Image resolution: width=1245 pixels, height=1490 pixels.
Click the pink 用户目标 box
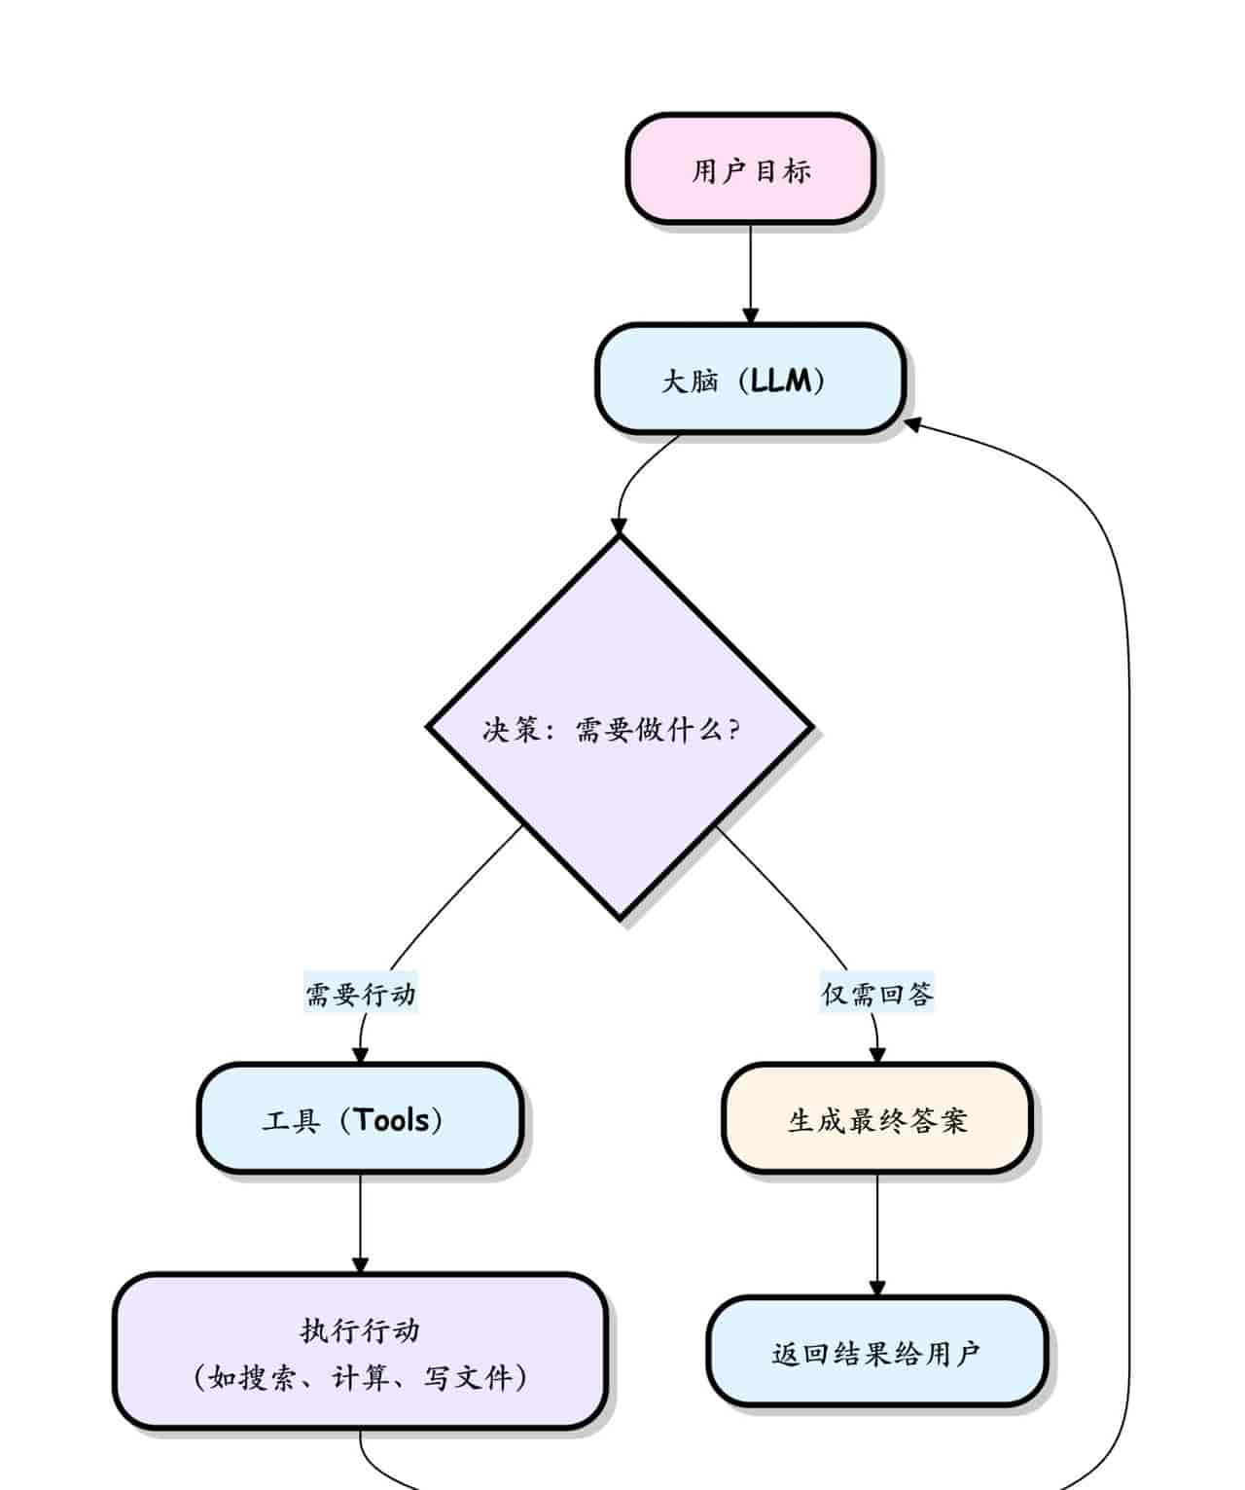(x=750, y=169)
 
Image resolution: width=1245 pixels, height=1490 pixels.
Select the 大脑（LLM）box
(x=750, y=380)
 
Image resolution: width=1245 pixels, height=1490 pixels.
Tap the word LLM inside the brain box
(x=780, y=380)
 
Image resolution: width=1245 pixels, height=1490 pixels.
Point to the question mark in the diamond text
(x=733, y=728)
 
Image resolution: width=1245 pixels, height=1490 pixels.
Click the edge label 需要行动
(x=361, y=994)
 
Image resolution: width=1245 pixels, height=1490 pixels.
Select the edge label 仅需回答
(x=876, y=994)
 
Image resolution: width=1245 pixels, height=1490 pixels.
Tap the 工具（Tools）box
(x=360, y=1119)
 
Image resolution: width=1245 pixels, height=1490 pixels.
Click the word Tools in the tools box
(x=392, y=1119)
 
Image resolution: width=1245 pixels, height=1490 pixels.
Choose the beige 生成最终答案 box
(x=876, y=1119)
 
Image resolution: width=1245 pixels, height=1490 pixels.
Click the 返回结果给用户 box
(x=876, y=1353)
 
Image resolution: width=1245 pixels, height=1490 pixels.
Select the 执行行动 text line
(x=360, y=1329)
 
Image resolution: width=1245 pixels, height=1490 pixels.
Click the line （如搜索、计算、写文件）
(x=360, y=1377)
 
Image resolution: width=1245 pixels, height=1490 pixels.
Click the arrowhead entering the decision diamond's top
(x=619, y=527)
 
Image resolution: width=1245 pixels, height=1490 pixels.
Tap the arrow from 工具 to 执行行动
(x=360, y=1221)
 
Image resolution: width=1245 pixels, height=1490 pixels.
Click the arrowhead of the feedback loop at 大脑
(x=913, y=424)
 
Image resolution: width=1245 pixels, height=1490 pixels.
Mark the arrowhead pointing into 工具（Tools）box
(x=360, y=1055)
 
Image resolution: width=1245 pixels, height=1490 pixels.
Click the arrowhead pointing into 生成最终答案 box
(x=876, y=1055)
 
